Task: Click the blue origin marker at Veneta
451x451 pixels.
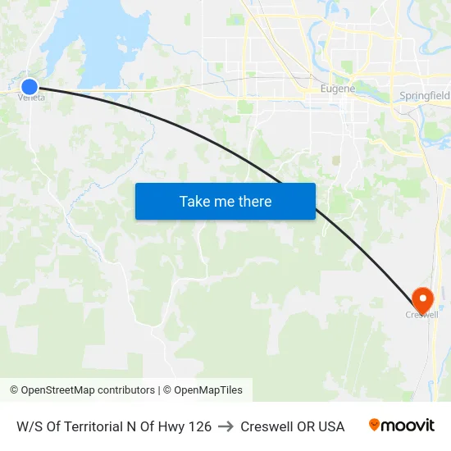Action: [29, 86]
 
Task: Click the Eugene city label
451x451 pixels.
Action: [337, 88]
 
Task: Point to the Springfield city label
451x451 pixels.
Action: [425, 96]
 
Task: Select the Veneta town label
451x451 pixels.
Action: [31, 98]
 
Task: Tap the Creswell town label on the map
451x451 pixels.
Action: [422, 314]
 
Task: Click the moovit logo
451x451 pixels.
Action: [402, 426]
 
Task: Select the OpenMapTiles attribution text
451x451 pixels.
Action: [208, 390]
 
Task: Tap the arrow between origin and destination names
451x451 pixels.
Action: [225, 426]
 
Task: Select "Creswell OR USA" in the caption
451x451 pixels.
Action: [292, 426]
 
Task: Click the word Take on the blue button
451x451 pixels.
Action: [195, 201]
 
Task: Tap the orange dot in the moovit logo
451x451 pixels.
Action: [375, 424]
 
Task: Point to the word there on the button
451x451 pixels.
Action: [253, 201]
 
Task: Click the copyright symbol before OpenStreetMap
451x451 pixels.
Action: [14, 390]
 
